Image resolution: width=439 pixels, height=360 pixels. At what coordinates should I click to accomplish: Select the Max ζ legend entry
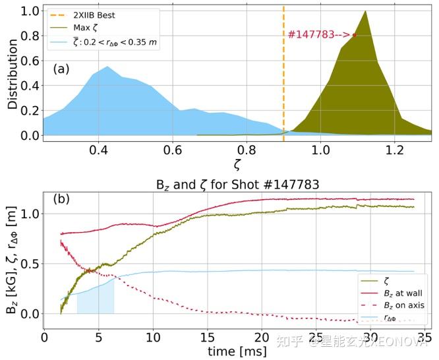[x=73, y=28]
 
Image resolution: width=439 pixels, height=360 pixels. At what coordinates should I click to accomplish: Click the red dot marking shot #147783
[x=355, y=35]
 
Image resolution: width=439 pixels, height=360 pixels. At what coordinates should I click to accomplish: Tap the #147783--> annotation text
[x=319, y=34]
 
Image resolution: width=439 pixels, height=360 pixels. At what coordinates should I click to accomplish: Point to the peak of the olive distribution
[x=365, y=11]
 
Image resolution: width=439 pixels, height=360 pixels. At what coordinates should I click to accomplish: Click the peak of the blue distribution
[x=107, y=67]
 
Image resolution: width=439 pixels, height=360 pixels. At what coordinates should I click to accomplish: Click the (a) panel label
[x=61, y=69]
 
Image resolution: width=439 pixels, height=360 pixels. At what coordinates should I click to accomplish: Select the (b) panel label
[x=61, y=198]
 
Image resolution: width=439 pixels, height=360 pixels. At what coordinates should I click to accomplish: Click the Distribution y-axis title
[x=13, y=74]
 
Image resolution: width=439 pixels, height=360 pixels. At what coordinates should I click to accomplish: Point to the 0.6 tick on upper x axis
[x=173, y=150]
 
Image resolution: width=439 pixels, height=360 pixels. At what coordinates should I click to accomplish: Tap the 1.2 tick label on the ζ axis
[x=394, y=150]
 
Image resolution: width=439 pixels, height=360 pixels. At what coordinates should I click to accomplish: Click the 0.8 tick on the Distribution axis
[x=30, y=36]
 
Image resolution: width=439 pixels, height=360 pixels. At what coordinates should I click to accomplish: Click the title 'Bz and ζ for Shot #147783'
[x=237, y=185]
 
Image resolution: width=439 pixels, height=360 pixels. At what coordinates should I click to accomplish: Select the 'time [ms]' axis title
[x=237, y=351]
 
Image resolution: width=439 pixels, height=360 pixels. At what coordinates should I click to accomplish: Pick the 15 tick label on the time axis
[x=208, y=338]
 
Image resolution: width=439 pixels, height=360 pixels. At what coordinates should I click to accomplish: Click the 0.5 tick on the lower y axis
[x=30, y=264]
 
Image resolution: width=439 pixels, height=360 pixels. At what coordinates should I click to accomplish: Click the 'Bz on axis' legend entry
[x=393, y=305]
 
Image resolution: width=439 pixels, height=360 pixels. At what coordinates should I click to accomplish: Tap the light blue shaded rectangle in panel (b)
[x=96, y=297]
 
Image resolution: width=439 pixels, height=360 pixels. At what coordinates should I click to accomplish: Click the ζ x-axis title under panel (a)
[x=237, y=164]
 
